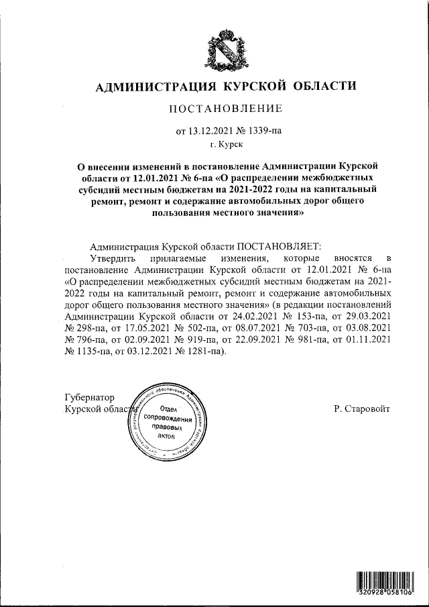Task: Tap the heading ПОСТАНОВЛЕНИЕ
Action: [x=225, y=109]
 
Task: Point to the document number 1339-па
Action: [x=263, y=131]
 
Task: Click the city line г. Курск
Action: [x=227, y=143]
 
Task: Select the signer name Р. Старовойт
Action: [x=361, y=408]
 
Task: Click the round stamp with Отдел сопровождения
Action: [x=168, y=423]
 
